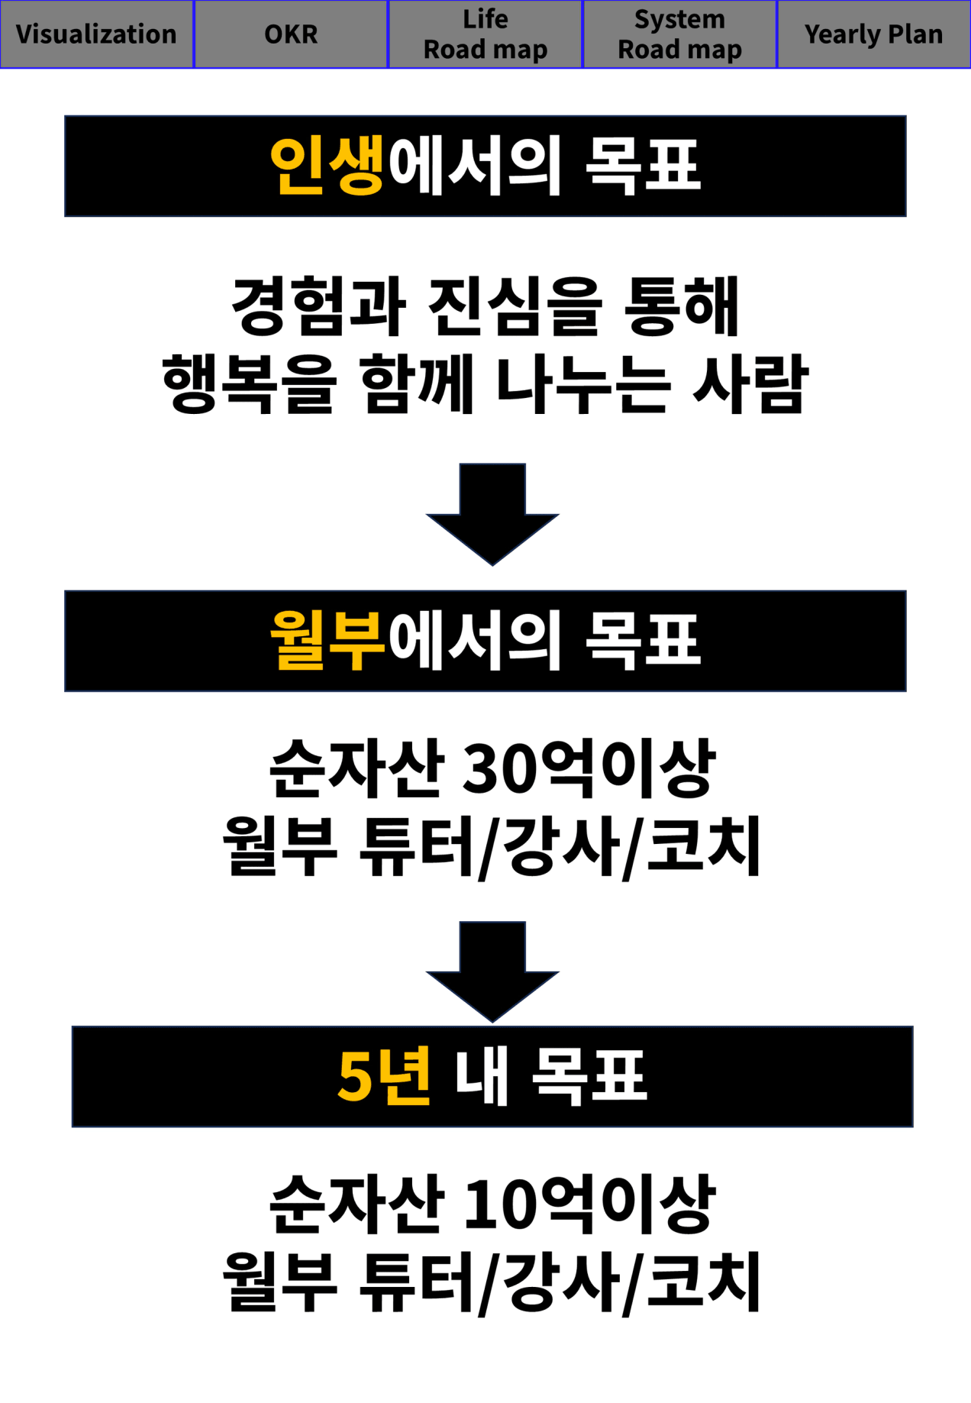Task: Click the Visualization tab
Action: coord(96,34)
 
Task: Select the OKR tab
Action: coord(291,34)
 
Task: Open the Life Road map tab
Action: coord(485,34)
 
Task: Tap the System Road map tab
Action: coord(679,34)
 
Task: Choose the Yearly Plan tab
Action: coord(873,34)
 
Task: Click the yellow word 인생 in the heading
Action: coord(327,166)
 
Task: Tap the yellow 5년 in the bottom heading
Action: coord(384,1076)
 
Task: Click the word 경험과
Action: coord(318,307)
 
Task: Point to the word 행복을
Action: coord(249,384)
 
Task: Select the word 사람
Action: coord(750,384)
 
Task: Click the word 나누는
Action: coord(583,384)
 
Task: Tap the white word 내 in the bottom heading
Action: coord(482,1076)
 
